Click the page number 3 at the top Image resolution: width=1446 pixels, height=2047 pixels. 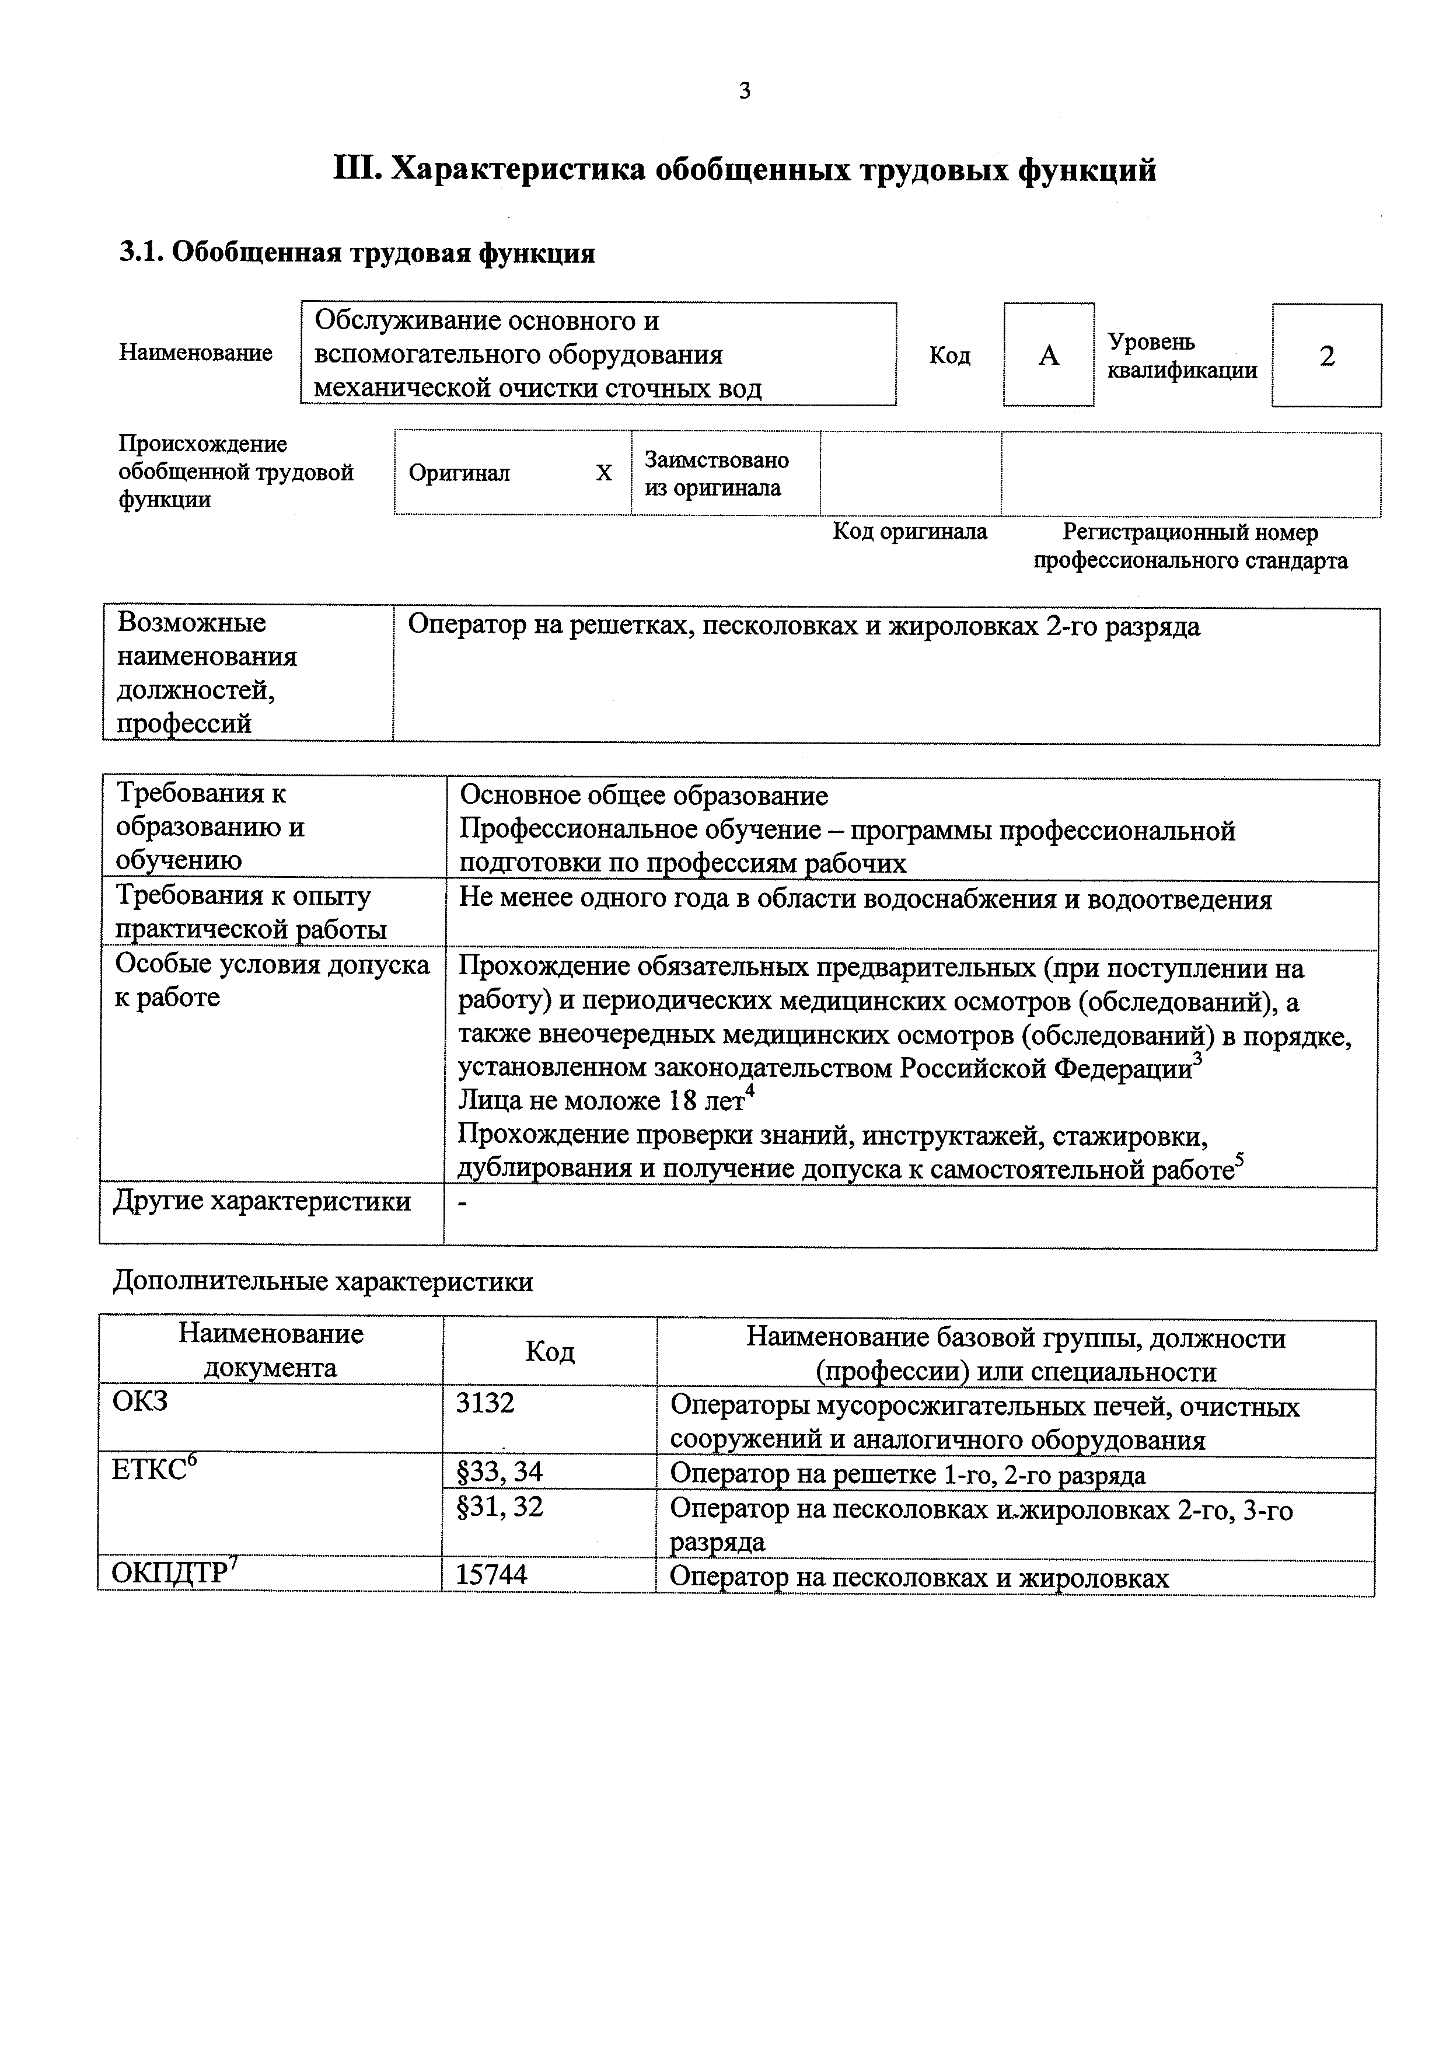pyautogui.click(x=745, y=90)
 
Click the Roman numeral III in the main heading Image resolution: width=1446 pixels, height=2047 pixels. pyautogui.click(x=355, y=169)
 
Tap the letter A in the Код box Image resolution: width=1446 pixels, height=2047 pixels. pyautogui.click(x=1049, y=355)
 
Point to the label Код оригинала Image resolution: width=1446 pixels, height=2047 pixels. pyautogui.click(x=909, y=532)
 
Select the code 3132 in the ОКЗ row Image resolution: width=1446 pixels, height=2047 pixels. pyautogui.click(x=485, y=1403)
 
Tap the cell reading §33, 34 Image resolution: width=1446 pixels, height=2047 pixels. pyautogui.click(x=500, y=1472)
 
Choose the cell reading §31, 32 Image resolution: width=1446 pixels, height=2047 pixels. pyautogui.click(x=500, y=1507)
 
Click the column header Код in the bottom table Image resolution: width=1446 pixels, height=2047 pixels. pyautogui.click(x=549, y=1352)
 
